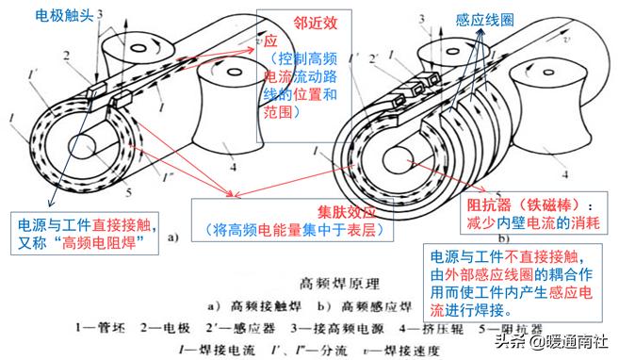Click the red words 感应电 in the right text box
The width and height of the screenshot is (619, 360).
575,293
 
